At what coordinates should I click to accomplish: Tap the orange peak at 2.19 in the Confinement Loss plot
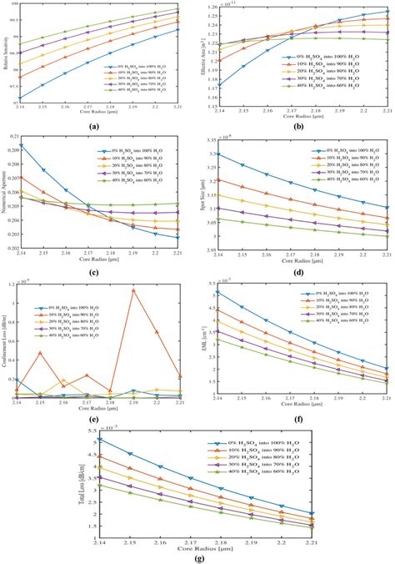[x=156, y=290]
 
